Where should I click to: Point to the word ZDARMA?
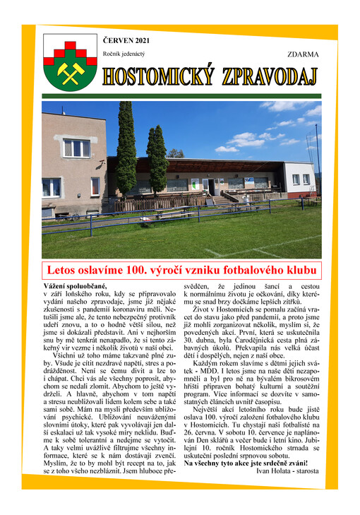pyautogui.click(x=303, y=54)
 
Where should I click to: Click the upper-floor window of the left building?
pyautogui.click(x=76, y=148)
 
